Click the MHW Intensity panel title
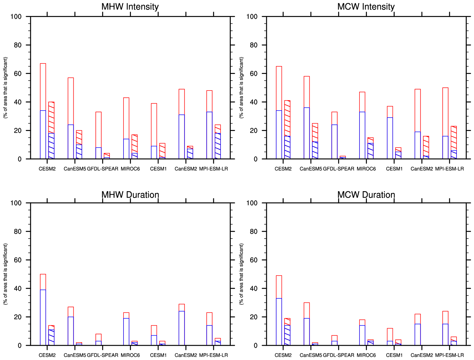[130, 7]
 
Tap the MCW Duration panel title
[366, 195]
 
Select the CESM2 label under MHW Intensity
[47, 169]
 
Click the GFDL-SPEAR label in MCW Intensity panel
[339, 169]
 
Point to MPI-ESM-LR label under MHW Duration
[214, 355]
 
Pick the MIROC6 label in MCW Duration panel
[366, 355]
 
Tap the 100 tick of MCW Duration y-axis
[252, 203]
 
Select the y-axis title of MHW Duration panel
[5, 274]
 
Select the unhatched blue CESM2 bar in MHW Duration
[43, 317]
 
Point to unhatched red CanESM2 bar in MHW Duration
[182, 308]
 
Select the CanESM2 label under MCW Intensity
[422, 169]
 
